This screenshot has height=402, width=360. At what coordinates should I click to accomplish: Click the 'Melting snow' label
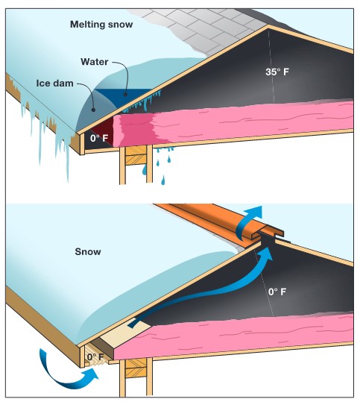(101, 25)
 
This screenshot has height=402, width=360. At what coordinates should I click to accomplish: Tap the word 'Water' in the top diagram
(95, 62)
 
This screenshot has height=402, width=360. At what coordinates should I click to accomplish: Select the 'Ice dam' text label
(55, 84)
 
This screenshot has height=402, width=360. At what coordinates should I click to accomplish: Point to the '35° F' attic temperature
(277, 72)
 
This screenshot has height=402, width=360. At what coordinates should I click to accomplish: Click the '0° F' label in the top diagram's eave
(99, 139)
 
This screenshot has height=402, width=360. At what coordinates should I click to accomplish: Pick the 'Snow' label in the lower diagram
(88, 251)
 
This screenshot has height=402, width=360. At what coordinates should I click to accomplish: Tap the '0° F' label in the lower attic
(277, 292)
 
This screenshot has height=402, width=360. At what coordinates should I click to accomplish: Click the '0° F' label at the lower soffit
(95, 357)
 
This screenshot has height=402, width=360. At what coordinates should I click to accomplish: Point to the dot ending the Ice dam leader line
(93, 110)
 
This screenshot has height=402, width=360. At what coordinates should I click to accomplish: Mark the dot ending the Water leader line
(125, 94)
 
